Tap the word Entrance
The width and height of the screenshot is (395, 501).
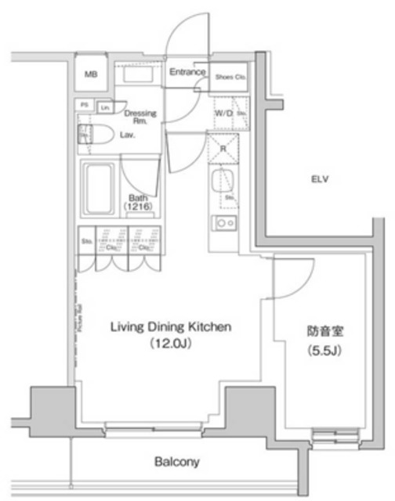pos(187,74)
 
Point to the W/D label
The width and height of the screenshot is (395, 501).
pos(223,114)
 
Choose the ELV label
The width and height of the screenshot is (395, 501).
pos(317,179)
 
